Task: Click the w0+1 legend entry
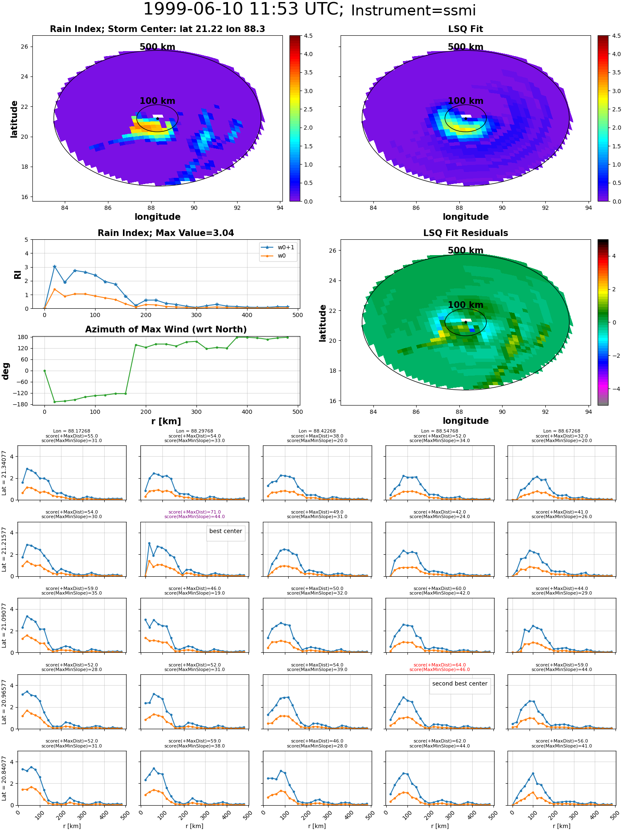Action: pyautogui.click(x=277, y=248)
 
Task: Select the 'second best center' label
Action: pyautogui.click(x=460, y=683)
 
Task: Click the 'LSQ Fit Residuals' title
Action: pyautogui.click(x=466, y=233)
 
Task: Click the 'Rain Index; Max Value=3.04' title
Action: pyautogui.click(x=166, y=233)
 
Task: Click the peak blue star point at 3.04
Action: pyautogui.click(x=54, y=267)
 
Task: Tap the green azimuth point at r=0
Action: pyautogui.click(x=44, y=371)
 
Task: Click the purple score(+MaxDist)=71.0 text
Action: pyautogui.click(x=195, y=512)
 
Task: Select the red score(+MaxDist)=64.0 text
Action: pyautogui.click(x=440, y=665)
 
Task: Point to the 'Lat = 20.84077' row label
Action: pyautogui.click(x=4, y=778)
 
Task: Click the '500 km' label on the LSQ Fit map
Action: pyautogui.click(x=466, y=47)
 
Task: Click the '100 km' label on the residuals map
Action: pyautogui.click(x=466, y=305)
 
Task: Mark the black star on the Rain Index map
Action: pyautogui.click(x=157, y=118)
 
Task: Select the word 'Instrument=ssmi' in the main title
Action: pyautogui.click(x=413, y=11)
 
